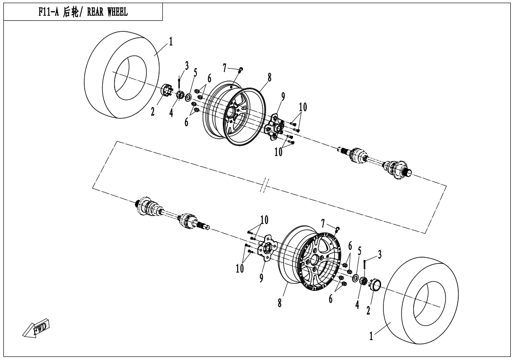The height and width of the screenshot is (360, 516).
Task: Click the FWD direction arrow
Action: tap(36, 328)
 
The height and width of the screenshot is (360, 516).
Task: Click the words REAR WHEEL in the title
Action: tap(107, 12)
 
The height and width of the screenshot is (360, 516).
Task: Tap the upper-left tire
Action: tap(122, 76)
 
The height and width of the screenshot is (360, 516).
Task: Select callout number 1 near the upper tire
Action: tap(171, 42)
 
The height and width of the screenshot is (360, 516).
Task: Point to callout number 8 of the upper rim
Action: tap(269, 77)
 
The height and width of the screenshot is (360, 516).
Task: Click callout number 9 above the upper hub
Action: tap(283, 97)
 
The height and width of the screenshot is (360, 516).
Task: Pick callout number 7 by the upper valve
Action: tap(225, 68)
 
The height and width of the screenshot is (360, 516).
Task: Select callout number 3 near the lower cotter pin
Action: tap(380, 254)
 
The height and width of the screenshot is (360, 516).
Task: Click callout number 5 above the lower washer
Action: tap(359, 251)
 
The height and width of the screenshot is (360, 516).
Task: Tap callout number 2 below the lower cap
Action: tap(368, 310)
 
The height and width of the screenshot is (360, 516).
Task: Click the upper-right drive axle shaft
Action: tap(375, 160)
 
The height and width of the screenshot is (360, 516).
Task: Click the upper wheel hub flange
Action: tap(275, 127)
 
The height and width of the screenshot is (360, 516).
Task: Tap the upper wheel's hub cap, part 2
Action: tap(167, 90)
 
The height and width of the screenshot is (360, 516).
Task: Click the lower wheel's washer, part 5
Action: tap(356, 277)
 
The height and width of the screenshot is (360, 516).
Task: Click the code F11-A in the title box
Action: tap(48, 12)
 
